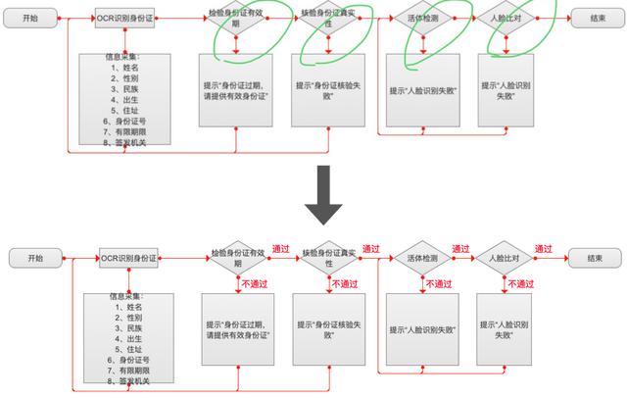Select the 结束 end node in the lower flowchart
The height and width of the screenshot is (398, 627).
pos(595,258)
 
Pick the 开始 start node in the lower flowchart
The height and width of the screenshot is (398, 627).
pos(36,258)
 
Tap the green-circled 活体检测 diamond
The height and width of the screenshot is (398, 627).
pos(421,20)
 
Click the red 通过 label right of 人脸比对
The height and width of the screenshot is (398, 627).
pos(544,249)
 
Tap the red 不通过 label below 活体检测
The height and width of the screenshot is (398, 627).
pos(438,284)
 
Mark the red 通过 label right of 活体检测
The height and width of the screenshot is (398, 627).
pos(460,249)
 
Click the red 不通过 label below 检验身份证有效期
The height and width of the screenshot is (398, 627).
pos(253,283)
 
